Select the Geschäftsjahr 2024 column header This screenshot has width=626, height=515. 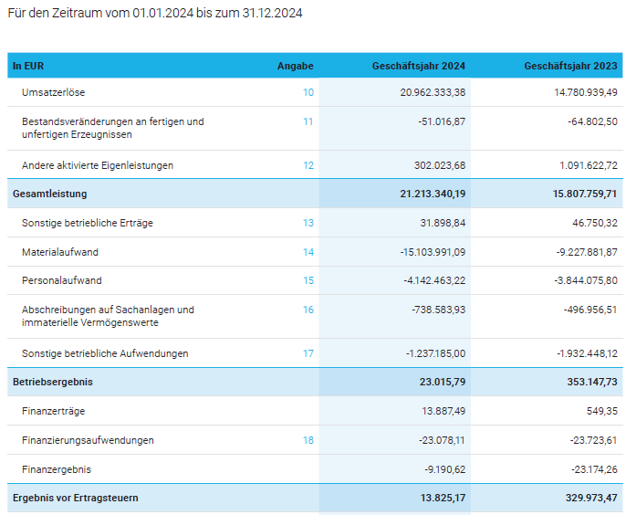tap(418, 66)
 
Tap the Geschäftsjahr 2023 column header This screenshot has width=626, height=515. tap(570, 66)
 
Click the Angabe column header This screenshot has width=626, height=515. tap(295, 66)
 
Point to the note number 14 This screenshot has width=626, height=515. tap(308, 251)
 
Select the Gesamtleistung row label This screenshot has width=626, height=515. tap(49, 194)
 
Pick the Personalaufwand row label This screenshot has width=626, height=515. tap(61, 280)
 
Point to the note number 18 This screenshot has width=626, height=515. tap(308, 440)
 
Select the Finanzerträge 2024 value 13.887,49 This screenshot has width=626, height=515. tap(443, 411)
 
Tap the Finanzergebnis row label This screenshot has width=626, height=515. tap(56, 469)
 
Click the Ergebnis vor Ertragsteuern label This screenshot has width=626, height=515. tap(75, 499)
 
